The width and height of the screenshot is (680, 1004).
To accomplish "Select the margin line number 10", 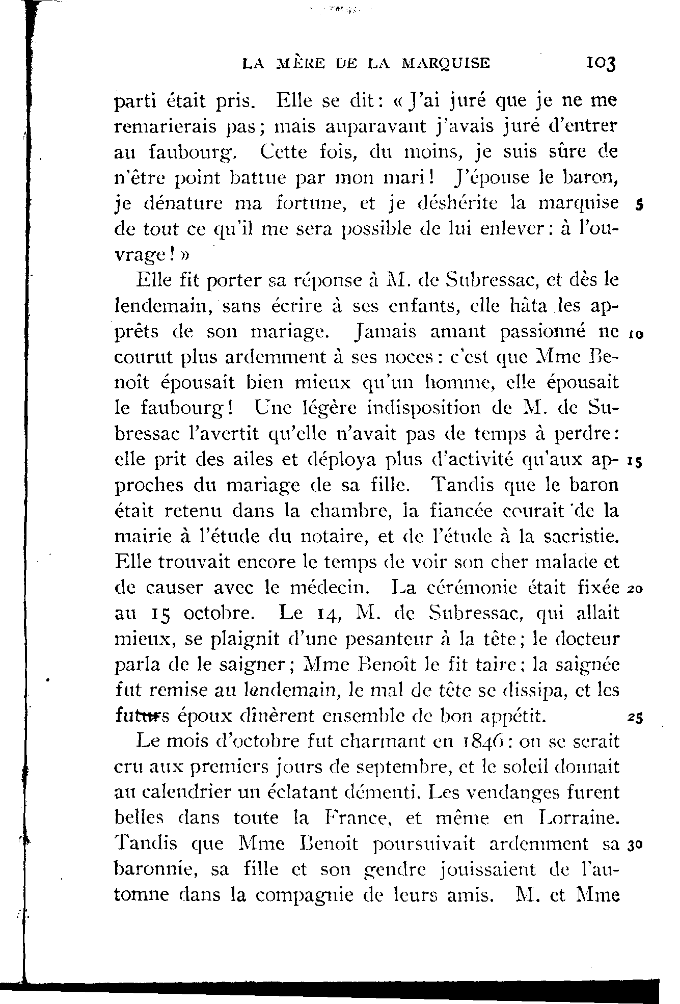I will pyautogui.click(x=636, y=335).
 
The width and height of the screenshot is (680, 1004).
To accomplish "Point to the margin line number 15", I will pyautogui.click(x=636, y=463).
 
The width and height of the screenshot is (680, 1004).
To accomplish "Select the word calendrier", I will pyautogui.click(x=185, y=792).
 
